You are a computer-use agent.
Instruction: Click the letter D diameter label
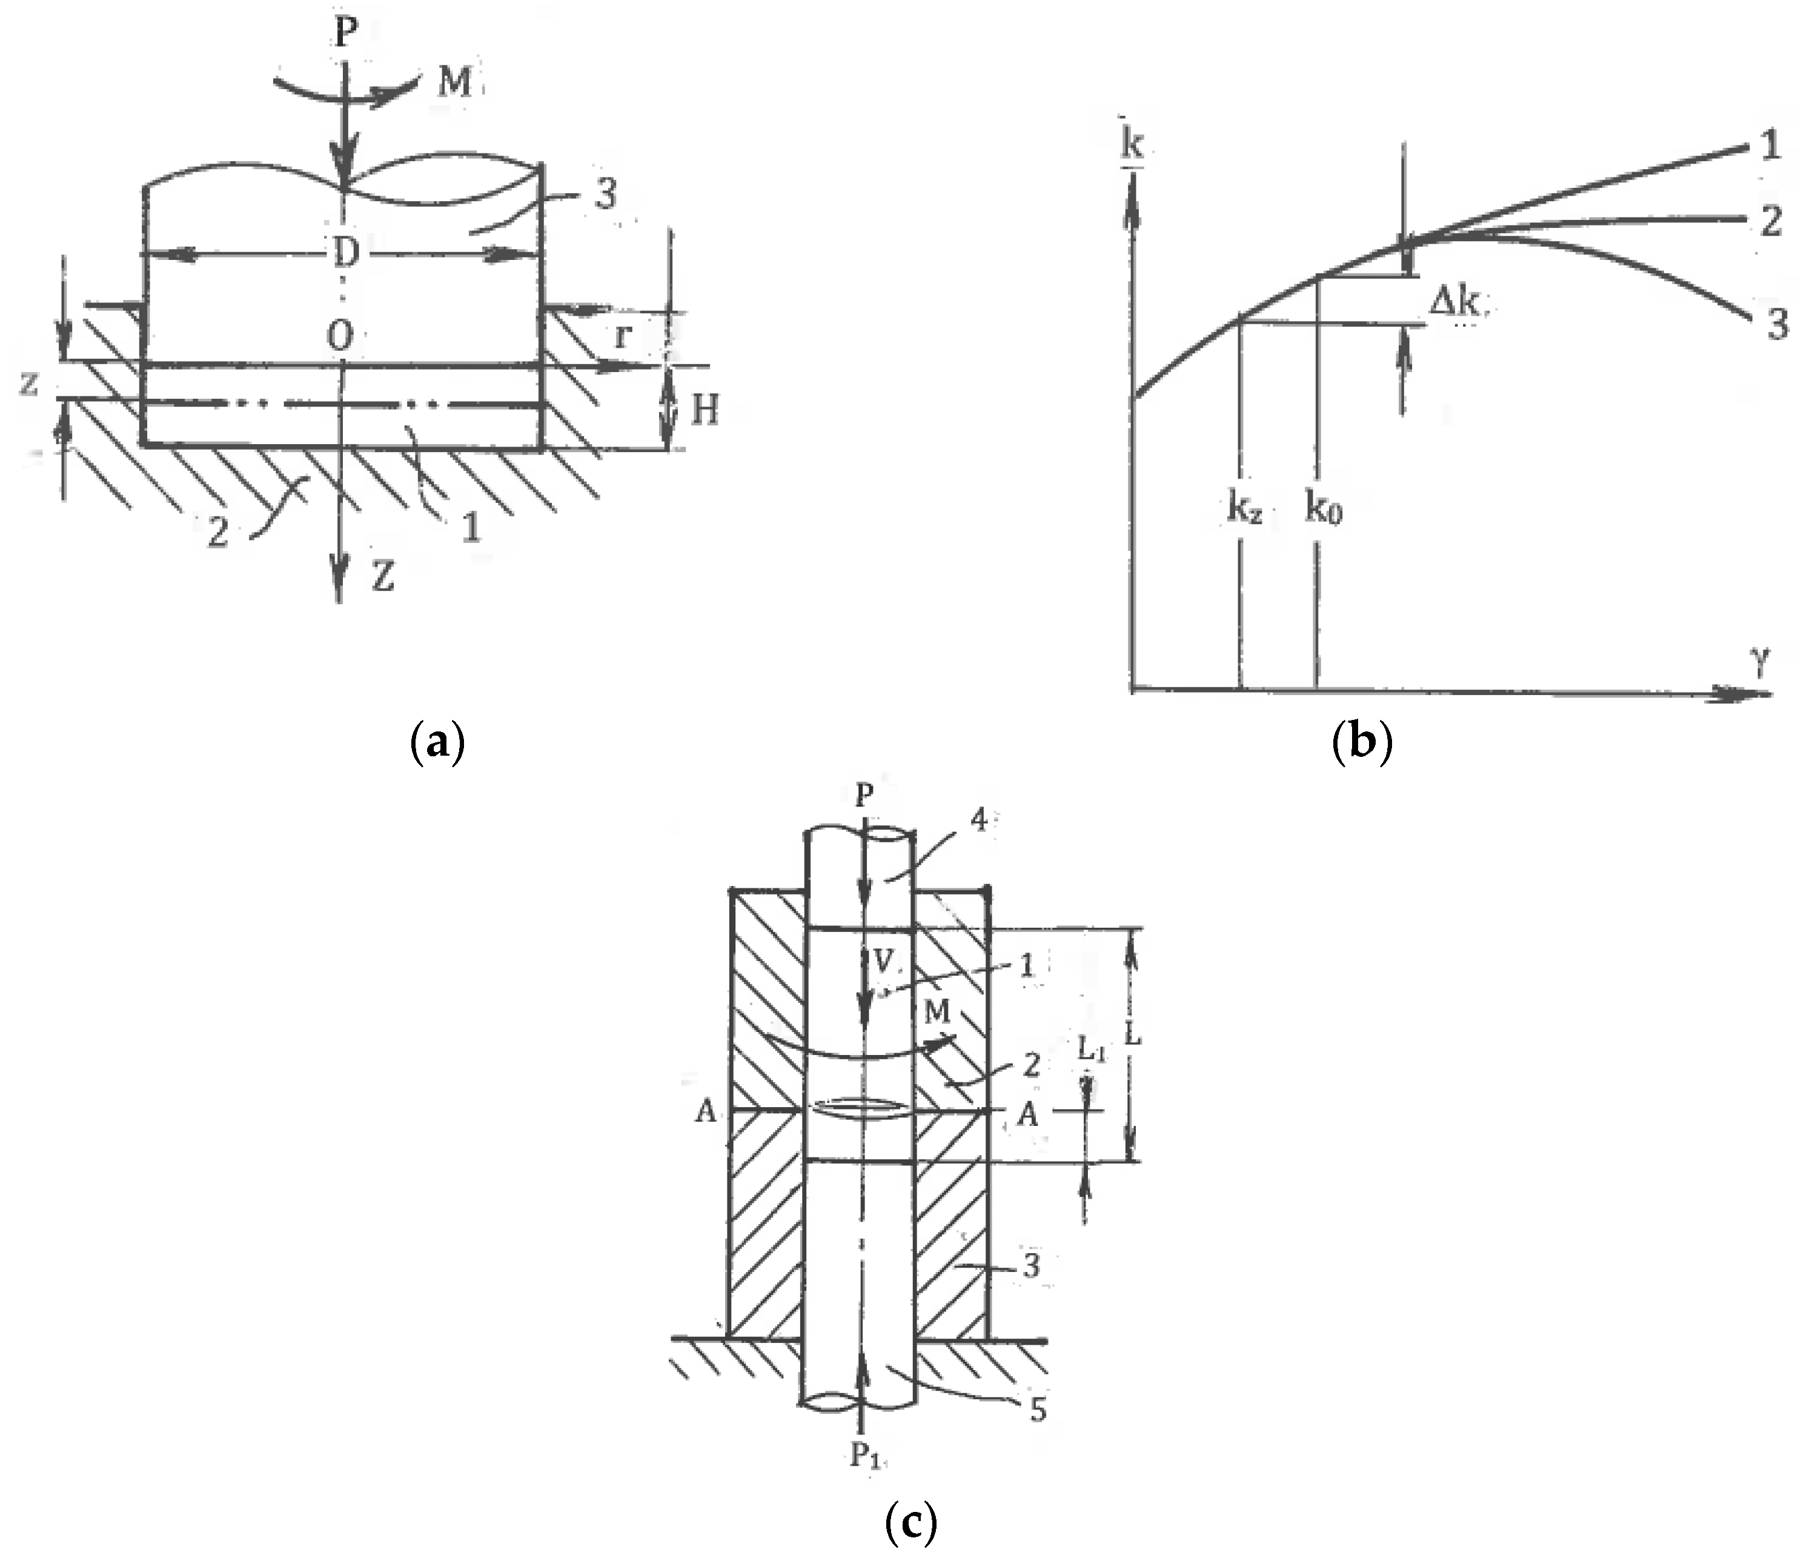tap(346, 253)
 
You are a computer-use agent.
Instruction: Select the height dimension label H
tap(704, 409)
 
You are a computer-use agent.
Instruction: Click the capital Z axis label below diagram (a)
tap(382, 576)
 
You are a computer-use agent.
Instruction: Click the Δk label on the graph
tap(1454, 302)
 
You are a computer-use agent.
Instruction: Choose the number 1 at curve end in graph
tap(1771, 145)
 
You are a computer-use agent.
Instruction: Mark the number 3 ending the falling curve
tap(1777, 325)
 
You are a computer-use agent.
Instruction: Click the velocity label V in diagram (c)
tap(883, 961)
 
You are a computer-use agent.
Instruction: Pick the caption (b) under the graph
tap(1362, 743)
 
